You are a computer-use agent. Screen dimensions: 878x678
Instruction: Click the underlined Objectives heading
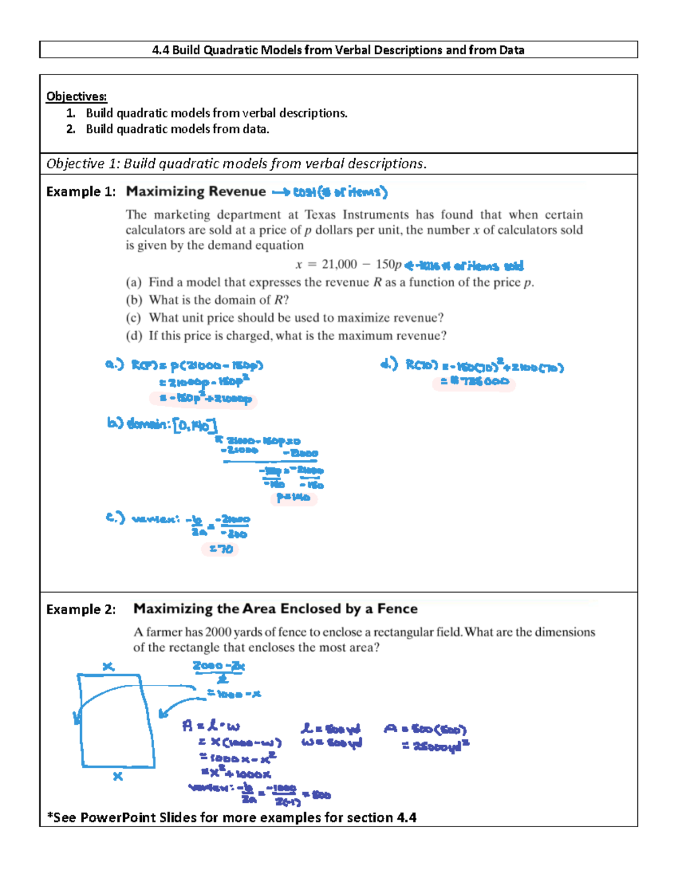(x=76, y=96)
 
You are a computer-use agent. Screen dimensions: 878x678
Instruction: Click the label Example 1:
(x=81, y=192)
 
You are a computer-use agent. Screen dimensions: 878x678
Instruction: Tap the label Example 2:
(x=81, y=609)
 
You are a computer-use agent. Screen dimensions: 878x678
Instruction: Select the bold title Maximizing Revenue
(x=195, y=192)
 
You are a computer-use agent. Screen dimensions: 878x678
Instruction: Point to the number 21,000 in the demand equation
(x=339, y=264)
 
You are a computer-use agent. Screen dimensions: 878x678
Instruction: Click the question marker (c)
(x=133, y=318)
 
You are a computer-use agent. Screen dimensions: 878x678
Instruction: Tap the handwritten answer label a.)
(x=114, y=364)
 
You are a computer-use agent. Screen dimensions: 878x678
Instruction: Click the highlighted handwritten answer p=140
(x=293, y=497)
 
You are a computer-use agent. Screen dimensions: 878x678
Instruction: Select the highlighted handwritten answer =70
(x=220, y=549)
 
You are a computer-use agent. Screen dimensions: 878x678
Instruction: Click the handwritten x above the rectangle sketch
(x=108, y=667)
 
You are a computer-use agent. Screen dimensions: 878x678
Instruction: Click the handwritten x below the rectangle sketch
(x=118, y=776)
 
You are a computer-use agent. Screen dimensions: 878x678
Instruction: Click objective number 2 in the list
(x=71, y=129)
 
